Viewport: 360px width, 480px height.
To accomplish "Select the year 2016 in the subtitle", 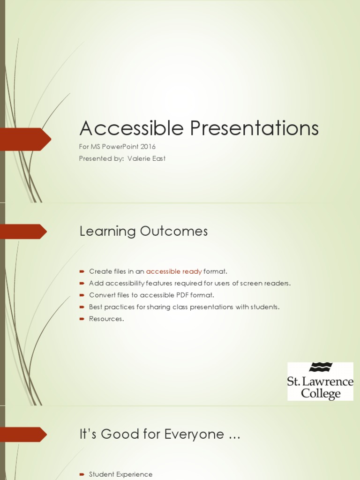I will point(148,147).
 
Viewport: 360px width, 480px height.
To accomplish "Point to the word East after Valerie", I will point(158,158).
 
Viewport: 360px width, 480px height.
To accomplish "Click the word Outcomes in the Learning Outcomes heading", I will point(176,231).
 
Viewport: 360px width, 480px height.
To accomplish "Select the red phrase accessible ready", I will point(174,271).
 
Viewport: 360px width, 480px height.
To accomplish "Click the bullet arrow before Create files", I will point(82,271).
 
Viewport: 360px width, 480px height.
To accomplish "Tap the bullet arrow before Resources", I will point(82,319).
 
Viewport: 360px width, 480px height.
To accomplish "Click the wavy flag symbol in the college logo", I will point(321,367).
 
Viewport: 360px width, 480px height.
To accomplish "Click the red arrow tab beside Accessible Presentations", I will point(26,139).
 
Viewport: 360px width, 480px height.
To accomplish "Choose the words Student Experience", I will point(120,474).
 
